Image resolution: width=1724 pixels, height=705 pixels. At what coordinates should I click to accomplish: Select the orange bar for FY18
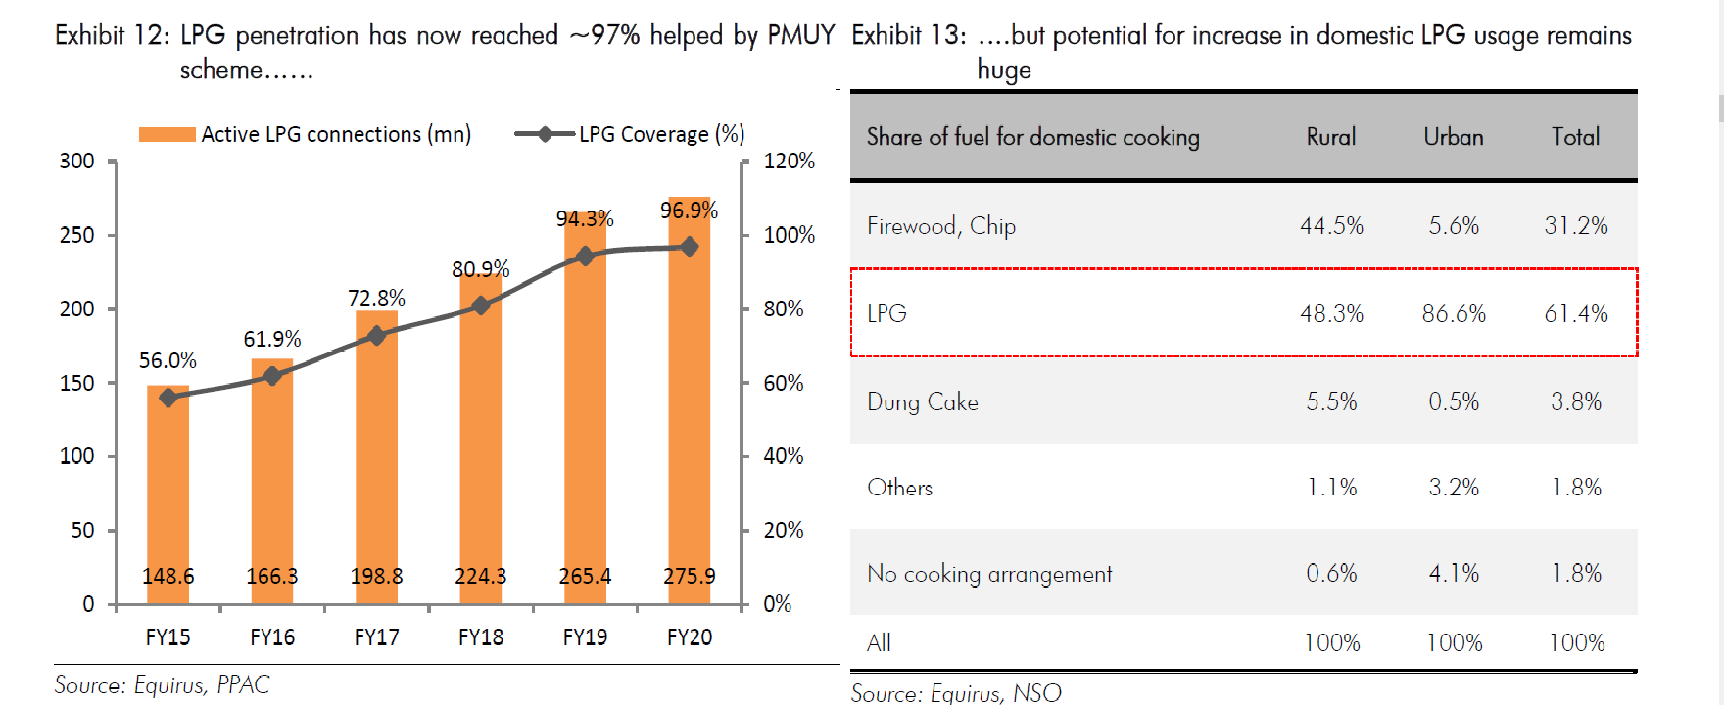480,441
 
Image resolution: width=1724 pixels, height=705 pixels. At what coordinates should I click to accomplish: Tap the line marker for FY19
585,256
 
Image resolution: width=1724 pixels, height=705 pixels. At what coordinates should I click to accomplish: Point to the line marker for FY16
272,376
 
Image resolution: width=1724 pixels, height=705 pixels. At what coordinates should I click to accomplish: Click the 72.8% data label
376,298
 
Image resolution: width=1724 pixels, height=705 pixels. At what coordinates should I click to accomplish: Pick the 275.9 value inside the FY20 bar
689,576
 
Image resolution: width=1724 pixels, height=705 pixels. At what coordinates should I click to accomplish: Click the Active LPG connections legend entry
306,134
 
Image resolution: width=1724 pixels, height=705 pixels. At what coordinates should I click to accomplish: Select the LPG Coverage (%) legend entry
630,134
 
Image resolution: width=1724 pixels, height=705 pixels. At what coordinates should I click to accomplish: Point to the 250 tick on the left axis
77,235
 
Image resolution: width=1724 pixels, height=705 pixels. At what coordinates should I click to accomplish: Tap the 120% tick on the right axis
789,161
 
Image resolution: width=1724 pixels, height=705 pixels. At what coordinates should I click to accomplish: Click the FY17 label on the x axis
376,637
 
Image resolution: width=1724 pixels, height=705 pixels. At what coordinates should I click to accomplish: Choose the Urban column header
1454,137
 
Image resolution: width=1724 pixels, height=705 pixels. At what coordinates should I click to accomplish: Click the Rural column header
1331,137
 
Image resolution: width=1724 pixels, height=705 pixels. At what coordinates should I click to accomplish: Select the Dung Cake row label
922,401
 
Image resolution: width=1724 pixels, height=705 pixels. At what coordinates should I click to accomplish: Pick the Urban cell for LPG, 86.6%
1454,313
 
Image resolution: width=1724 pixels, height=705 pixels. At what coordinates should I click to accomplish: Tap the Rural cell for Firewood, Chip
1331,226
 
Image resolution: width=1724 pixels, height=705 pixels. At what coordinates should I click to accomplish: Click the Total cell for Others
1575,488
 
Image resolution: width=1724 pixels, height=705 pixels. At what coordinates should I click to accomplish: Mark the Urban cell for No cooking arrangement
1454,573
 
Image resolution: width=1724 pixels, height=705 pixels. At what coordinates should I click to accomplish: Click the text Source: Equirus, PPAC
162,684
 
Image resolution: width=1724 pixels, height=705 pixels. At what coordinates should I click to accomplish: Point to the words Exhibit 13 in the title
907,36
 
